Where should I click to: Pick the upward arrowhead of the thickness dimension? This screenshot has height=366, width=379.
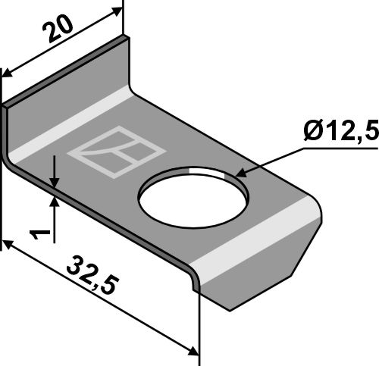pyautogui.click(x=55, y=201)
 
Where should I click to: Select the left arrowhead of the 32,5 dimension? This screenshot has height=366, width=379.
pyautogui.click(x=9, y=246)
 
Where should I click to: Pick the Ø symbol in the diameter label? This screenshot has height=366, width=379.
pyautogui.click(x=314, y=133)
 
